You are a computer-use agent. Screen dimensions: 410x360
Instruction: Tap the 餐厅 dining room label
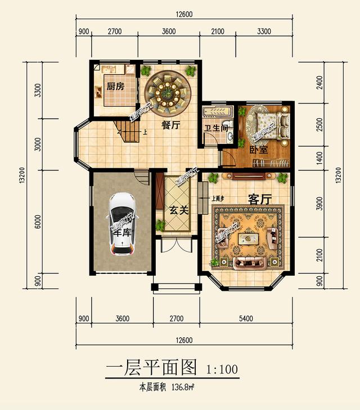pos(170,126)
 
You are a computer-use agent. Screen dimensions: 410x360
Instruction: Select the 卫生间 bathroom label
pos(215,128)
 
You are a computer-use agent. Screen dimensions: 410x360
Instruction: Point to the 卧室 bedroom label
pos(258,150)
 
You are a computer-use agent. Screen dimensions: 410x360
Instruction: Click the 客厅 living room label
pos(260,199)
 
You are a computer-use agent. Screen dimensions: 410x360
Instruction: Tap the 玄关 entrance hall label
pos(178,210)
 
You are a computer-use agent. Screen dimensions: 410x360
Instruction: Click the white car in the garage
pos(121,222)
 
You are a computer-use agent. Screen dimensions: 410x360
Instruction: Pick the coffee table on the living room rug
pos(248,238)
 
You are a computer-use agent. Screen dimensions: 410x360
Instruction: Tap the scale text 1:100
pos(223,370)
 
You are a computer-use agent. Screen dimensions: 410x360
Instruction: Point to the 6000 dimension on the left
pos(38,222)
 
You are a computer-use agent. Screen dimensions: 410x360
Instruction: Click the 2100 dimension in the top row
pos(218,31)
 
